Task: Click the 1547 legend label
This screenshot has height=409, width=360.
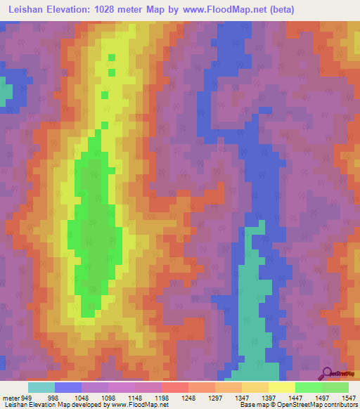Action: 348,398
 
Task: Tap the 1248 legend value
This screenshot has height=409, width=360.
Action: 188,398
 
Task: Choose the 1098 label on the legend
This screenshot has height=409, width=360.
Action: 108,398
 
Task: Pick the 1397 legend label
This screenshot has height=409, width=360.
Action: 268,398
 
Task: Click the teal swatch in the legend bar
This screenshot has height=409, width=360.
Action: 41,387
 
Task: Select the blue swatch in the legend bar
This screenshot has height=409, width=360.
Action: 68,387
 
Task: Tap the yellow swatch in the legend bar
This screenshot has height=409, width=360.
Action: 282,387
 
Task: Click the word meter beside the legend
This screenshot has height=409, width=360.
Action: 11,398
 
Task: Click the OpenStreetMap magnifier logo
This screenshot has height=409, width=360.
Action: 327,373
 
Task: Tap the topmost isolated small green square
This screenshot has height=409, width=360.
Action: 111,58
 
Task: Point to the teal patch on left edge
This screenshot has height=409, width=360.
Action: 6,93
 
